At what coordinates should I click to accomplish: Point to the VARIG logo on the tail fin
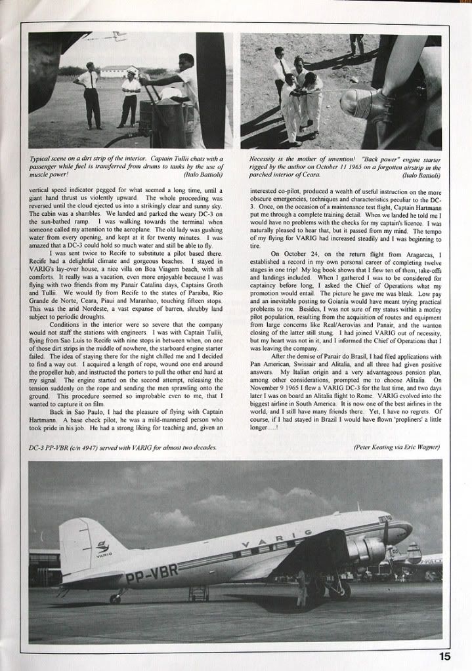point(102,548)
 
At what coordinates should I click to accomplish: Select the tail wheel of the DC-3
point(116,599)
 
